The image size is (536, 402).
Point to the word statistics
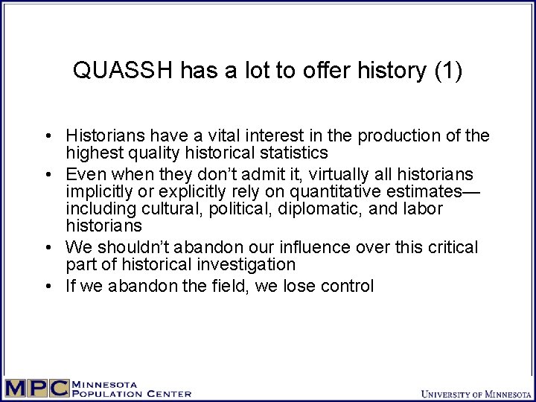(x=295, y=153)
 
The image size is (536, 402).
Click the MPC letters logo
(x=35, y=389)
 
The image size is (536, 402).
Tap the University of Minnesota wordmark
(x=476, y=392)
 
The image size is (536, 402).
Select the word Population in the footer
(x=101, y=394)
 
